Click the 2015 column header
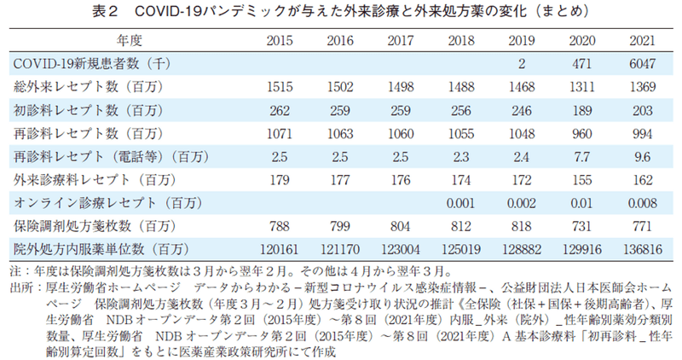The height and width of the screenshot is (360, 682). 280,40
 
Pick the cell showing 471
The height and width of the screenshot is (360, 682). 581,63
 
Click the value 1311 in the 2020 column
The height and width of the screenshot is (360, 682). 581,87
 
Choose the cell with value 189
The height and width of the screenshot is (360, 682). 581,110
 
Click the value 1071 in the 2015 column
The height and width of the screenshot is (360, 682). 280,133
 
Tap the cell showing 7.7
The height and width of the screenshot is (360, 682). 581,156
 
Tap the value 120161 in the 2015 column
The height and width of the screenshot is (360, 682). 280,248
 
